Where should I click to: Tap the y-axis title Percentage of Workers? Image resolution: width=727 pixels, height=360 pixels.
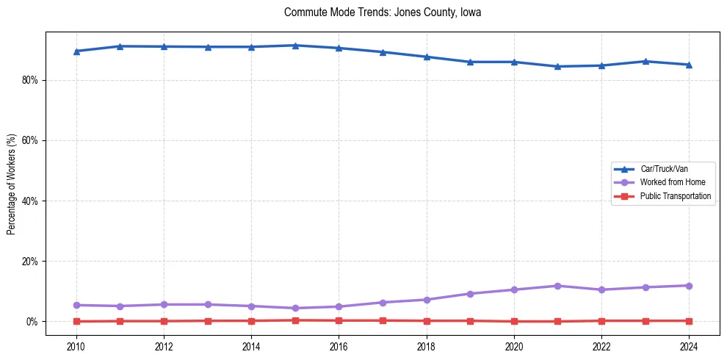click(x=12, y=184)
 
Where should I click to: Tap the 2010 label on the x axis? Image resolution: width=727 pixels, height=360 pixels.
click(x=76, y=346)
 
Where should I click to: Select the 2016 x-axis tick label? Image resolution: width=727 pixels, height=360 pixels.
click(x=339, y=346)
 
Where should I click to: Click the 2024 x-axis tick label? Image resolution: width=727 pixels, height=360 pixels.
click(x=689, y=346)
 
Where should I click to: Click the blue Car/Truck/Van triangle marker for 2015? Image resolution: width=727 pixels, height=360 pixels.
click(x=295, y=46)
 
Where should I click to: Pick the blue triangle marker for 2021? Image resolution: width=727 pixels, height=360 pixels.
click(x=557, y=66)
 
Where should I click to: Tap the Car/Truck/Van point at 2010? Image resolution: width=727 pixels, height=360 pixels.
click(x=76, y=51)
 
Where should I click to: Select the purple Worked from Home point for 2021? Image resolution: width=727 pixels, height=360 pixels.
click(x=557, y=286)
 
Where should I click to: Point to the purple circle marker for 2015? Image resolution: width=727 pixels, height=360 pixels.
click(x=295, y=308)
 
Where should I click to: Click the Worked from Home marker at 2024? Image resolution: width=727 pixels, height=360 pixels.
click(x=689, y=286)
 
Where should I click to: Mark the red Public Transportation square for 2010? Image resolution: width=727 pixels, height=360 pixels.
click(x=76, y=321)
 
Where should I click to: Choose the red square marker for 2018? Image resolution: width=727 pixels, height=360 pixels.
click(x=427, y=320)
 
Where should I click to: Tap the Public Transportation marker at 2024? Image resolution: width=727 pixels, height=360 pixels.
click(x=689, y=320)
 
